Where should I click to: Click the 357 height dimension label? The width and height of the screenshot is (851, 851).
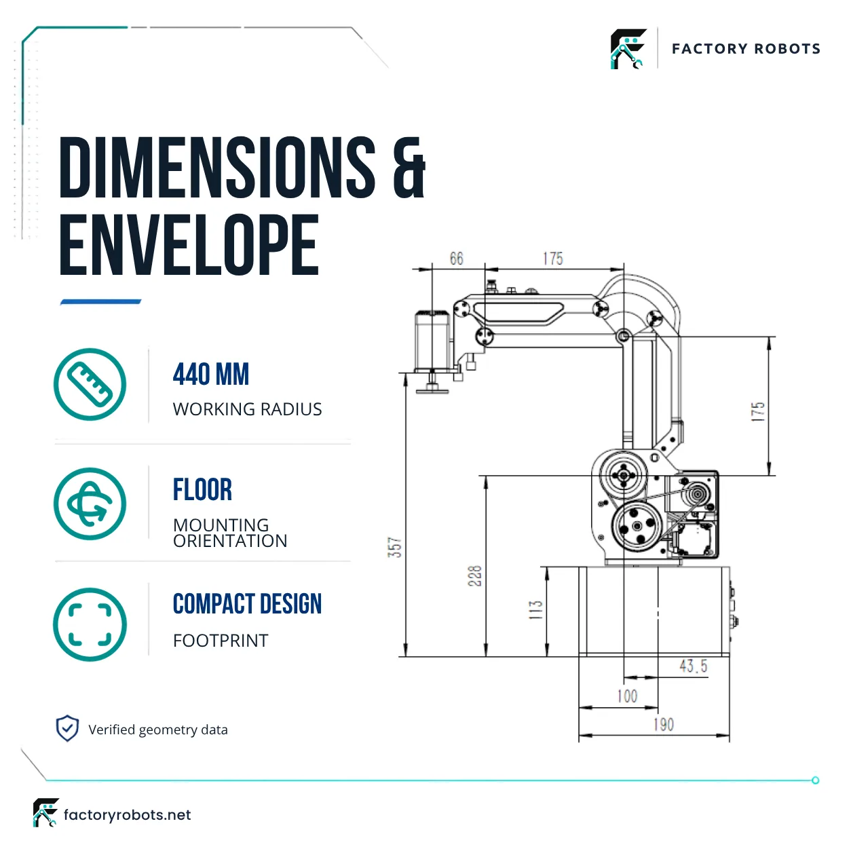(x=395, y=547)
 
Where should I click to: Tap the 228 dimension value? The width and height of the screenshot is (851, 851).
(x=475, y=575)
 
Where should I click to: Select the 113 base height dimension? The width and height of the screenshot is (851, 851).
(x=535, y=609)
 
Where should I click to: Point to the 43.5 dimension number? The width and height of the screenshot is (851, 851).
(x=694, y=666)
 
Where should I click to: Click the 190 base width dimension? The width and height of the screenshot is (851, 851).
(x=664, y=724)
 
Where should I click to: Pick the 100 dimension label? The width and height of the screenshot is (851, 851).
(x=627, y=696)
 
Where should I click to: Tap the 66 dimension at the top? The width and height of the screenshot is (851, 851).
(x=457, y=259)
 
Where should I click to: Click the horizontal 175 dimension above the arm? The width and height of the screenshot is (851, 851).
(x=553, y=259)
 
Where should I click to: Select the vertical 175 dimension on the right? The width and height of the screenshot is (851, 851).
(x=758, y=412)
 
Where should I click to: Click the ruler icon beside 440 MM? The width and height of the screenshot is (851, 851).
(x=90, y=384)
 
